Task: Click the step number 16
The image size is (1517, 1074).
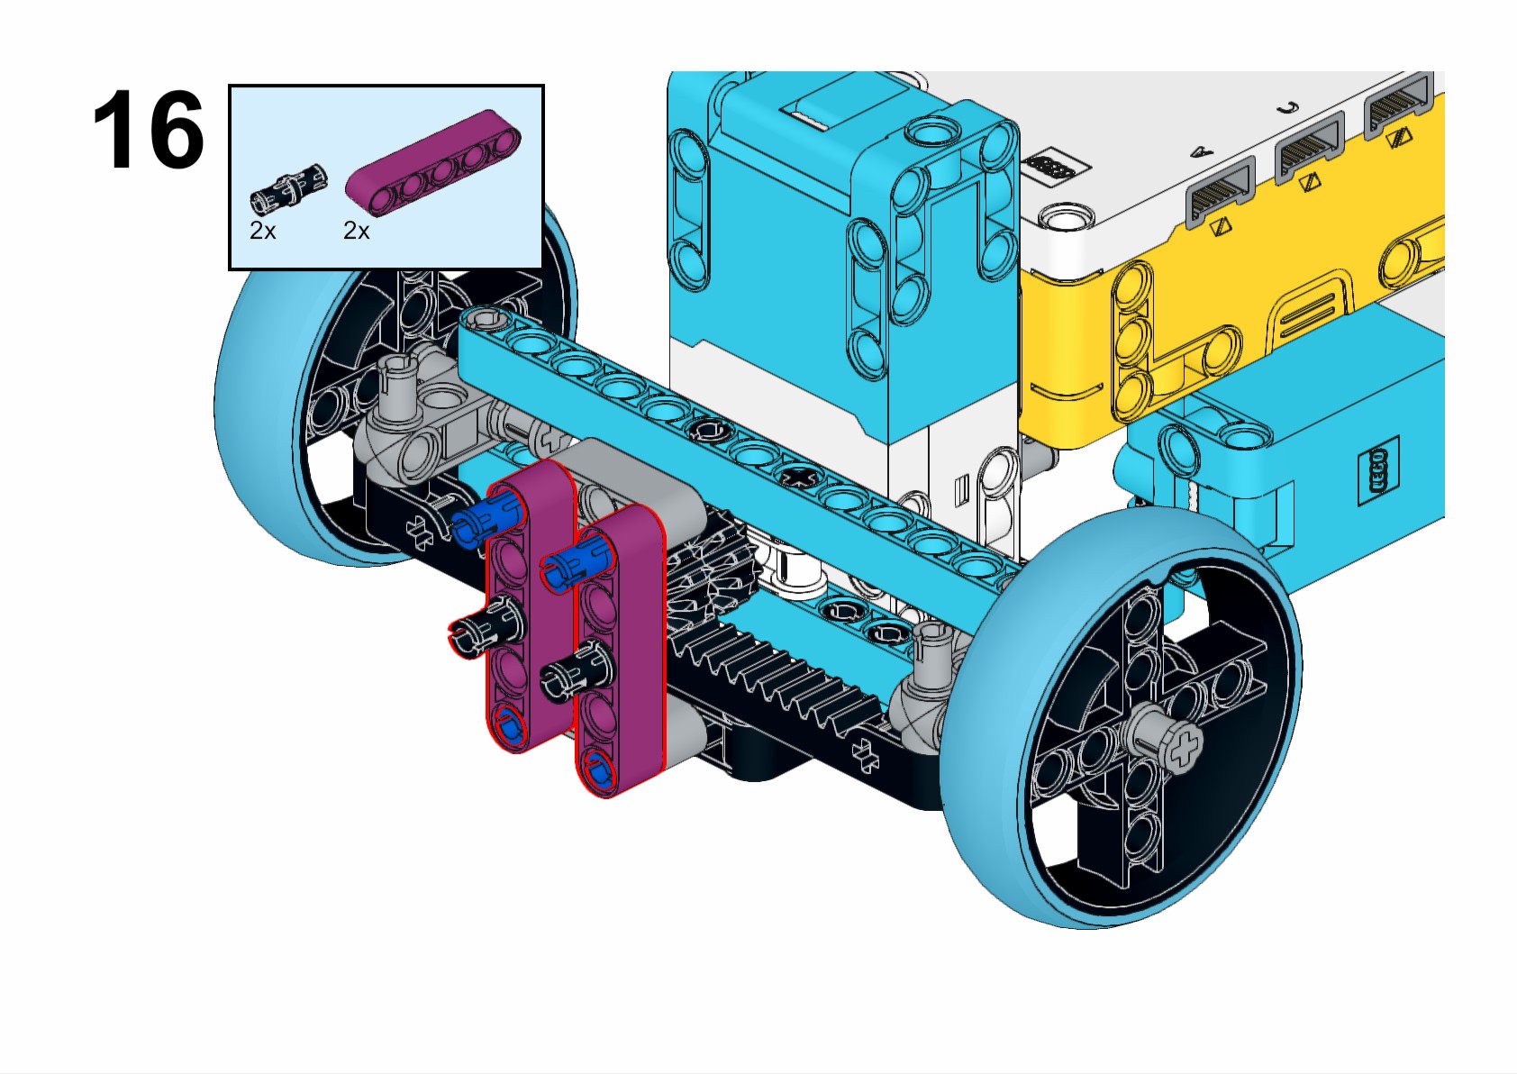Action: (x=148, y=130)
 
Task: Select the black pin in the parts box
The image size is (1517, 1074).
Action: (x=288, y=184)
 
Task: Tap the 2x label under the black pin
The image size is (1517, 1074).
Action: (x=262, y=232)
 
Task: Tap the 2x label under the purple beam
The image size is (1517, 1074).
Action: (x=356, y=232)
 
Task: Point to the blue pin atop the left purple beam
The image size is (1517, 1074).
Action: (x=486, y=517)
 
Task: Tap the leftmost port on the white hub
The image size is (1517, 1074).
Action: (x=1222, y=193)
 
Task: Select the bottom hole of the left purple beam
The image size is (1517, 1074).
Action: (x=509, y=726)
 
